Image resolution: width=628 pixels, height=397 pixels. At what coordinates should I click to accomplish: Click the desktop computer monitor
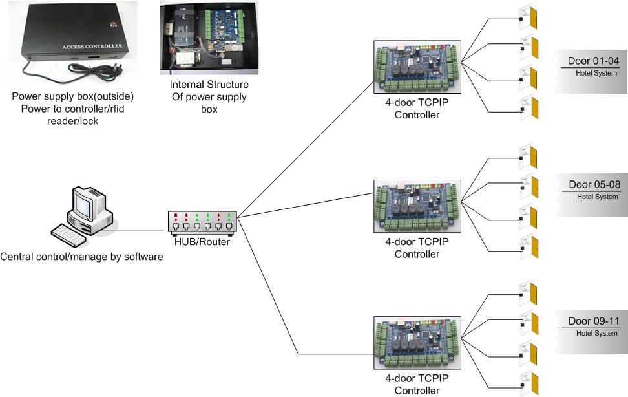(87, 205)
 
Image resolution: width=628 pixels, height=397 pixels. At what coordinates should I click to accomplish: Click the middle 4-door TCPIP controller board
(417, 206)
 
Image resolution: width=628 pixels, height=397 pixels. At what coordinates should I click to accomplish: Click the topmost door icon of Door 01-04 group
(531, 18)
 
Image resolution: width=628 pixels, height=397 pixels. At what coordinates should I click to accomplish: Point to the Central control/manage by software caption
(81, 257)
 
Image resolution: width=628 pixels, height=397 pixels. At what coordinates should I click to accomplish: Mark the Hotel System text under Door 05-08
(597, 197)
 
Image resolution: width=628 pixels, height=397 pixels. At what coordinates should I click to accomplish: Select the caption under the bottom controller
(417, 385)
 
